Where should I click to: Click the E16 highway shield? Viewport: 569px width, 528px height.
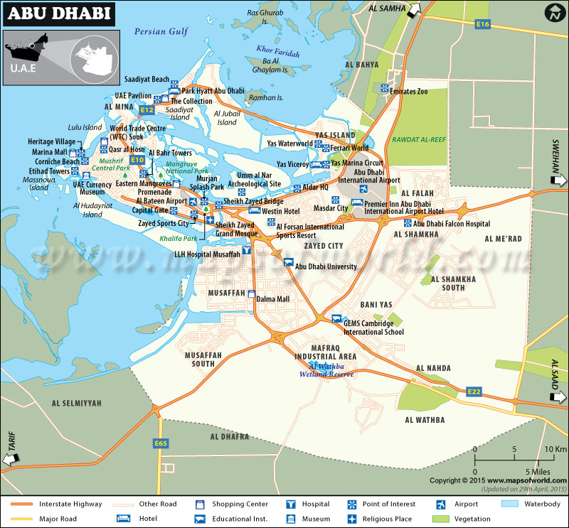pyautogui.click(x=483, y=24)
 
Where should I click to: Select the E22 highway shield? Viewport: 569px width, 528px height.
pyautogui.click(x=474, y=392)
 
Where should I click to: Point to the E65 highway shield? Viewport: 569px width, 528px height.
pyautogui.click(x=161, y=443)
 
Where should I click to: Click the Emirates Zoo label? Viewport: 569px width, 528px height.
pyautogui.click(x=413, y=92)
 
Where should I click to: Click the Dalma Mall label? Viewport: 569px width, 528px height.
pyautogui.click(x=272, y=299)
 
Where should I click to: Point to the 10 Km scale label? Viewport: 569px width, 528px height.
pyautogui.click(x=555, y=449)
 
